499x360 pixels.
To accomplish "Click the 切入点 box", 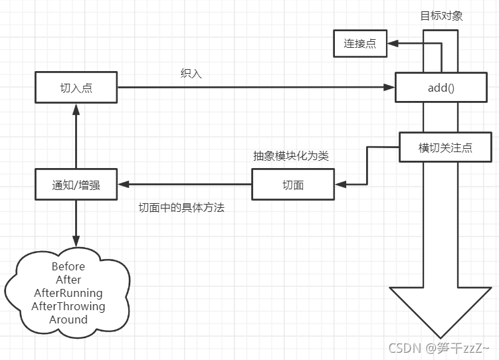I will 76,88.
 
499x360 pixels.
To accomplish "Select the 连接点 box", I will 359,44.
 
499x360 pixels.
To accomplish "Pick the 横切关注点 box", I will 445,147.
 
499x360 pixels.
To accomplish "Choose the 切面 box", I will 292,185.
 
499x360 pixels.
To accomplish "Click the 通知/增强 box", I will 76,185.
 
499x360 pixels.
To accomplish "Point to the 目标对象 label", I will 442,16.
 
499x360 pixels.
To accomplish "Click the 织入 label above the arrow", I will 191,74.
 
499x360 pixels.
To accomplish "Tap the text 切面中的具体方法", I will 181,207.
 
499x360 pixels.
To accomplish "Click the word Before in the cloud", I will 68,266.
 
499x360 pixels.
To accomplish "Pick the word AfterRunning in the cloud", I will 68,293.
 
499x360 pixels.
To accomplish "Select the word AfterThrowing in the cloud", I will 68,306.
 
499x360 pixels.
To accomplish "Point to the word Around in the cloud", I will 68,319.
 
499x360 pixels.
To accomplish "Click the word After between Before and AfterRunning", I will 68,280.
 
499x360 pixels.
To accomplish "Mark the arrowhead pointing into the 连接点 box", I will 391,44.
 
